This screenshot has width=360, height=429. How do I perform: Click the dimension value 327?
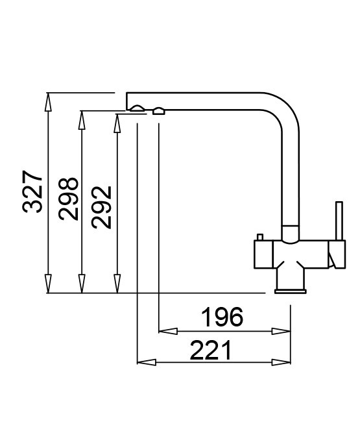(x=32, y=191)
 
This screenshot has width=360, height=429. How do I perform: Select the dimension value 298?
(x=68, y=199)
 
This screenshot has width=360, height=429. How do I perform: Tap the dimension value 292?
(x=102, y=207)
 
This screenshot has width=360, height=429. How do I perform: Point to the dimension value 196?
(x=222, y=317)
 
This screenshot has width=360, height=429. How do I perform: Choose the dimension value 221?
(x=210, y=350)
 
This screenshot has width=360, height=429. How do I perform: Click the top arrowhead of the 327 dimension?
(x=48, y=102)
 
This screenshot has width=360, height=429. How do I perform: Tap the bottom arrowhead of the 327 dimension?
(x=48, y=284)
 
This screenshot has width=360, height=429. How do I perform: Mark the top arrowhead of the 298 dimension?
(x=82, y=120)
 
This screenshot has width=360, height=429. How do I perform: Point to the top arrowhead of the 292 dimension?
(x=117, y=123)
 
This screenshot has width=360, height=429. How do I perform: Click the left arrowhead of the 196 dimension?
(x=168, y=331)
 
